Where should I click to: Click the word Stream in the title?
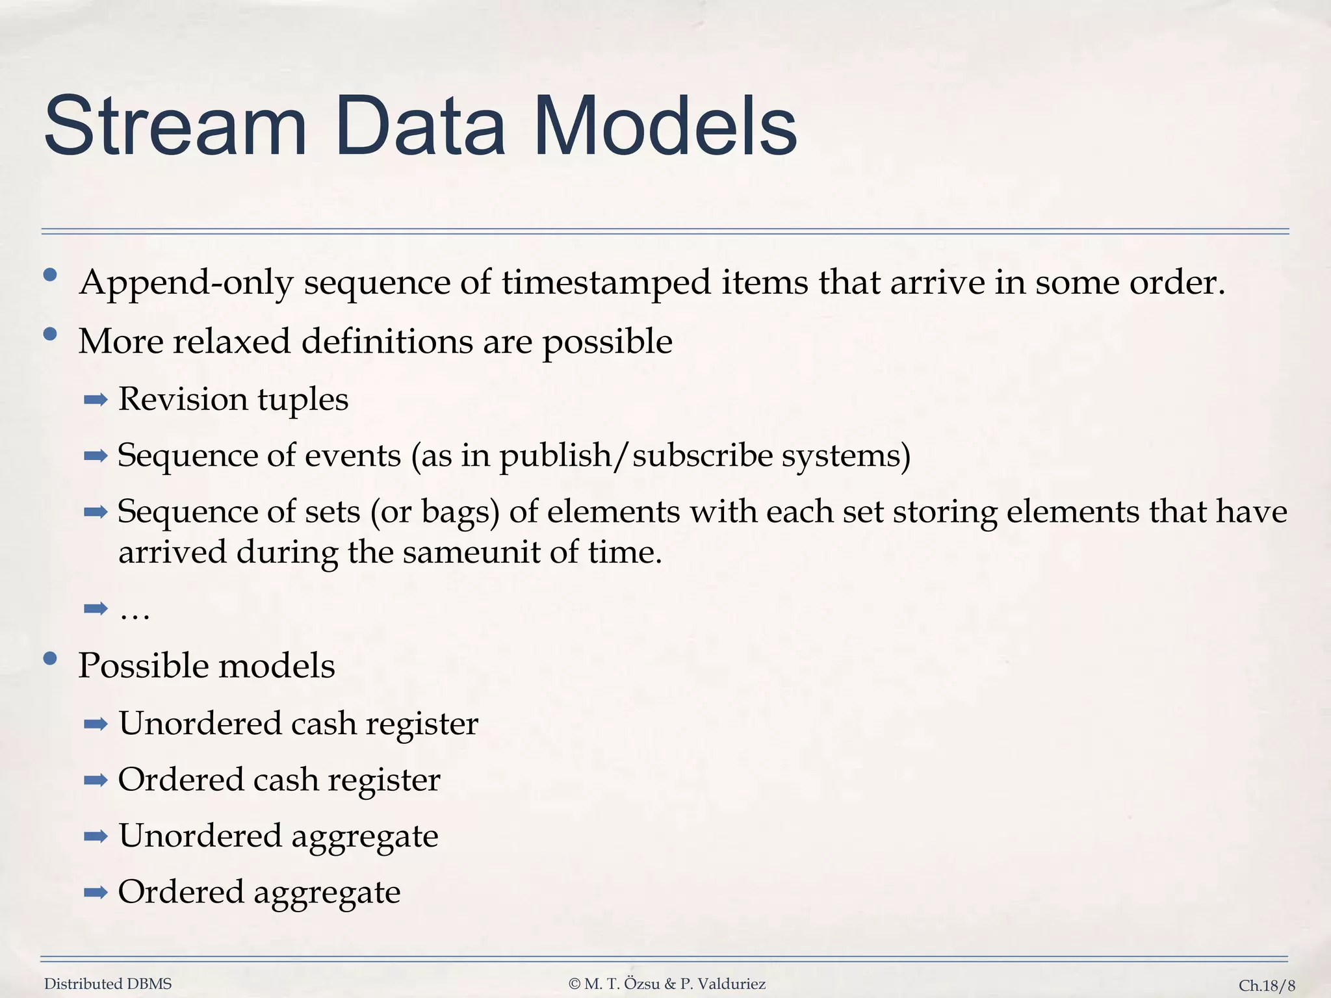[x=175, y=126]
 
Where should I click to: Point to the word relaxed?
[x=231, y=341]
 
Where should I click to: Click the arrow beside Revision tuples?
[x=96, y=400]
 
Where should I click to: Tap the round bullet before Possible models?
[x=50, y=659]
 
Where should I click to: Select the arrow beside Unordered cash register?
[x=96, y=724]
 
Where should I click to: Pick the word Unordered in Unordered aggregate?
[x=200, y=836]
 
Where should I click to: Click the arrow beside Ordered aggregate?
[x=96, y=893]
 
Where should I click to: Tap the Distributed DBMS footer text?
[x=108, y=984]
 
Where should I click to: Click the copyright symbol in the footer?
[x=574, y=984]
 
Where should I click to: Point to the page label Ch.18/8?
[x=1267, y=986]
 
